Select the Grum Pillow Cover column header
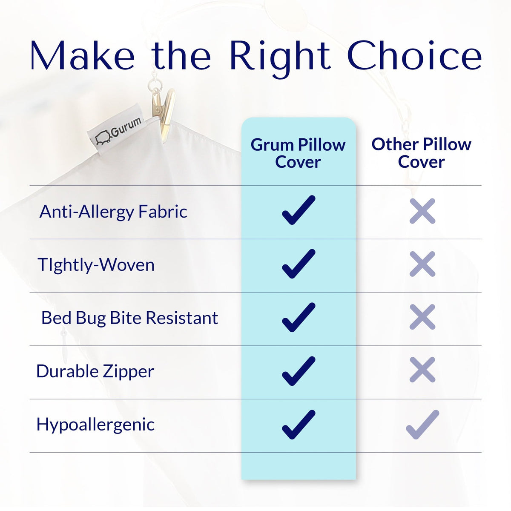(x=298, y=153)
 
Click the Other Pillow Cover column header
(x=421, y=153)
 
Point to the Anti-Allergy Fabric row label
(x=113, y=212)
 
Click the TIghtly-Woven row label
(x=96, y=265)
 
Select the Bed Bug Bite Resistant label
(x=129, y=318)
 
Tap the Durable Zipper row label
(x=95, y=371)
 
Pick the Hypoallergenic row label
(x=95, y=425)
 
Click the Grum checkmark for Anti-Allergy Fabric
(x=299, y=210)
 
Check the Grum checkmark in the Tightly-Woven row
(x=299, y=264)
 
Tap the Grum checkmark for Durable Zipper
(x=299, y=371)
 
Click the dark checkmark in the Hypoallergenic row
(x=299, y=425)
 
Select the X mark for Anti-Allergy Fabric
(x=422, y=211)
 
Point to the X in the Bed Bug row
(x=422, y=317)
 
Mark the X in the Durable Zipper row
(x=422, y=370)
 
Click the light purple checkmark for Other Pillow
(x=422, y=425)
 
